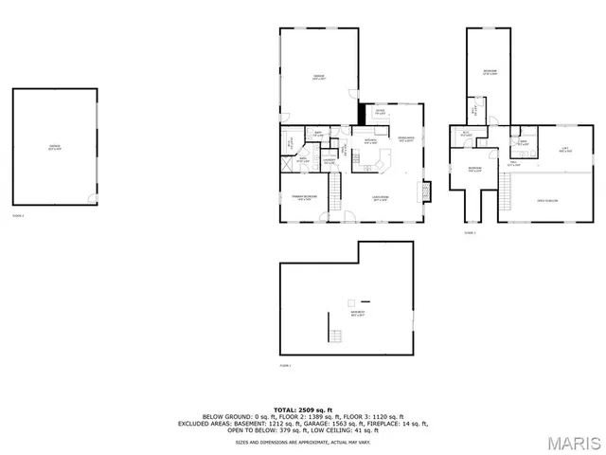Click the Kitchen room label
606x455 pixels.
(x=372, y=141)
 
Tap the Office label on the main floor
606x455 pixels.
(x=379, y=113)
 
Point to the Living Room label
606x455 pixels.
(x=382, y=199)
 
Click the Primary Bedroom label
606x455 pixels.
(x=303, y=199)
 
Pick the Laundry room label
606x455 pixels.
(x=329, y=161)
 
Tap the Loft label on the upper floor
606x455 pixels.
(x=564, y=149)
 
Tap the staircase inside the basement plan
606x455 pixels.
(x=333, y=336)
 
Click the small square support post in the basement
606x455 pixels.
(x=349, y=291)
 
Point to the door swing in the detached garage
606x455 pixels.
(x=92, y=198)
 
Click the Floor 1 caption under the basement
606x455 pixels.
(x=284, y=365)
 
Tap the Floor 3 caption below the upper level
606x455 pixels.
(x=470, y=232)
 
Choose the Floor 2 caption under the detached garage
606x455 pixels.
(x=17, y=216)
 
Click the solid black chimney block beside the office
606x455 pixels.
(x=361, y=114)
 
